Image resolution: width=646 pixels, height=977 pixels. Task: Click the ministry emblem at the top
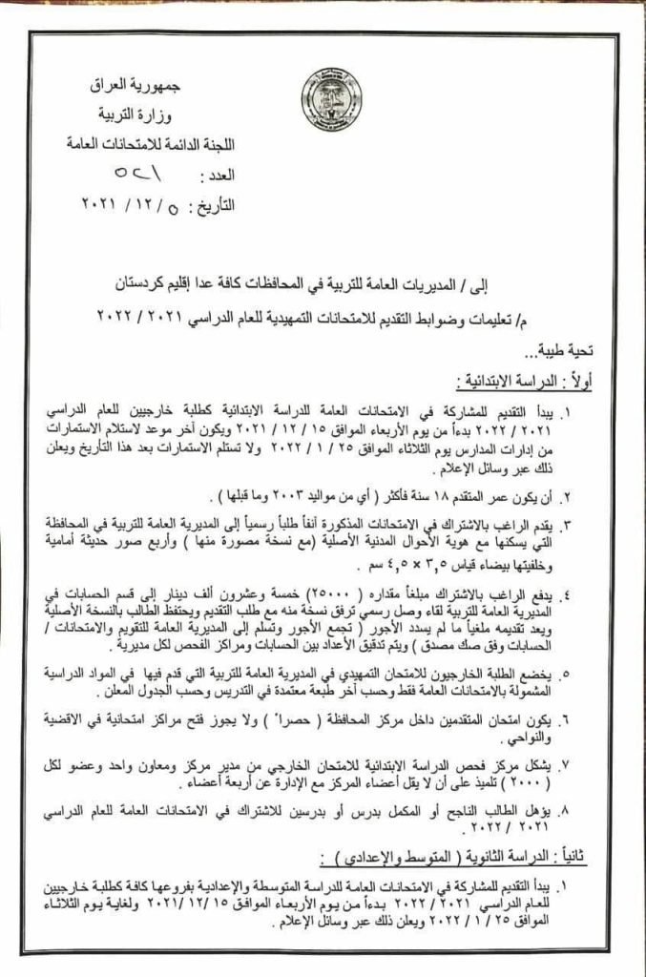331,98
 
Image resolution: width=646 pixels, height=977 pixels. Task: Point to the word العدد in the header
215,177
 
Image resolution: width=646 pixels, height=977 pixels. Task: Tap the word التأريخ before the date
213,206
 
